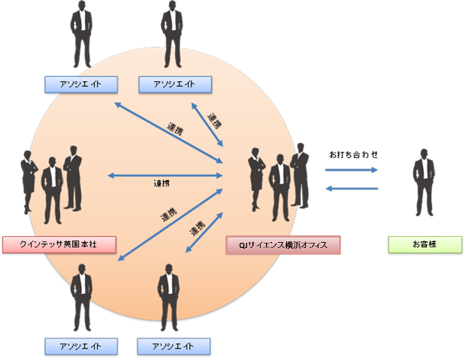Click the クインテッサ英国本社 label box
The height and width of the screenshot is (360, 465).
coord(58,244)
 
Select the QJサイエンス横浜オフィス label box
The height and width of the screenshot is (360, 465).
coord(282,245)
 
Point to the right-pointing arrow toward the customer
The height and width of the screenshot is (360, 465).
coord(352,171)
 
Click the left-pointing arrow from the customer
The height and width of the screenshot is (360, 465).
coord(352,189)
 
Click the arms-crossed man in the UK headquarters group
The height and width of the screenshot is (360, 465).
coord(73,177)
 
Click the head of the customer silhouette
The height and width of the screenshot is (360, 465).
coord(425,154)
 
